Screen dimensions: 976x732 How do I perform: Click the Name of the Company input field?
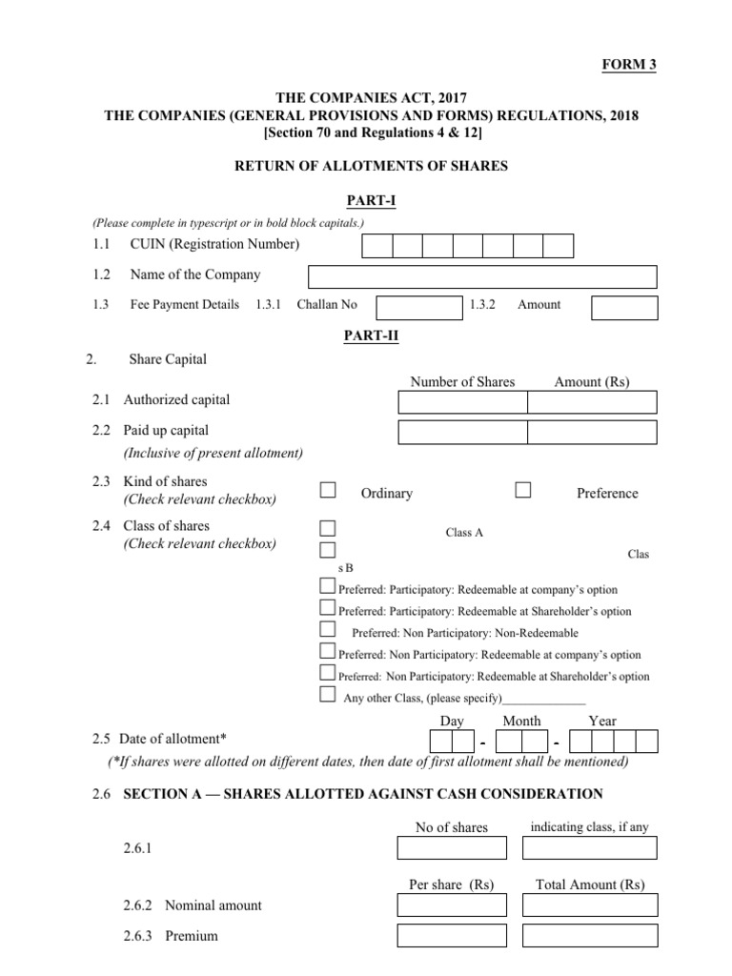tap(482, 276)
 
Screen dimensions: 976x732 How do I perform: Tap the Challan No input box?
tap(418, 307)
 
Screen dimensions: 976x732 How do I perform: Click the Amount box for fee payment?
tap(624, 307)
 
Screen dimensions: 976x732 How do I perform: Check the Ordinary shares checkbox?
tap(328, 490)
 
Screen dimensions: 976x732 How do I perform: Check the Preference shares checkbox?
tap(523, 490)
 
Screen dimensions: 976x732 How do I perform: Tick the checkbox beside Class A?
tap(328, 528)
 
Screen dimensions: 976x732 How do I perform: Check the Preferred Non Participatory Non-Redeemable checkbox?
tap(328, 629)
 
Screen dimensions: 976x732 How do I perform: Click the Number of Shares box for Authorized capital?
tap(462, 402)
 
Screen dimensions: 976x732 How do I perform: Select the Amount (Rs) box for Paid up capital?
tap(592, 433)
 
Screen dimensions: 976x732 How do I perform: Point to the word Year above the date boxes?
tap(602, 722)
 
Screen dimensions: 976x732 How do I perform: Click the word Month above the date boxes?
tap(521, 722)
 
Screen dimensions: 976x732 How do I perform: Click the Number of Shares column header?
tap(462, 382)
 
